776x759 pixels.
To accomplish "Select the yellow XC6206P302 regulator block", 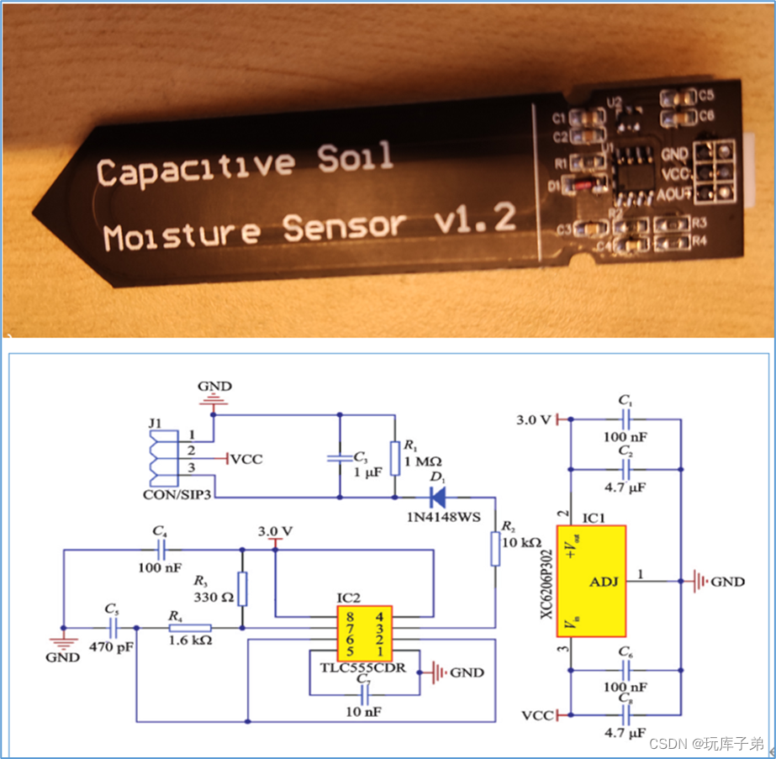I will tap(591, 581).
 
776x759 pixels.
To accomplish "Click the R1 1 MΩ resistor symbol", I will tap(393, 458).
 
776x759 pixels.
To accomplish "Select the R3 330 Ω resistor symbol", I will tap(243, 588).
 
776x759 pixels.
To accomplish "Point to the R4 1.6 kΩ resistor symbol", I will tap(189, 627).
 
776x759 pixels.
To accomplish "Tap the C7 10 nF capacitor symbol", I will tap(364, 695).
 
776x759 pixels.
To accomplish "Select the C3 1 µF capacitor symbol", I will tap(339, 459).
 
